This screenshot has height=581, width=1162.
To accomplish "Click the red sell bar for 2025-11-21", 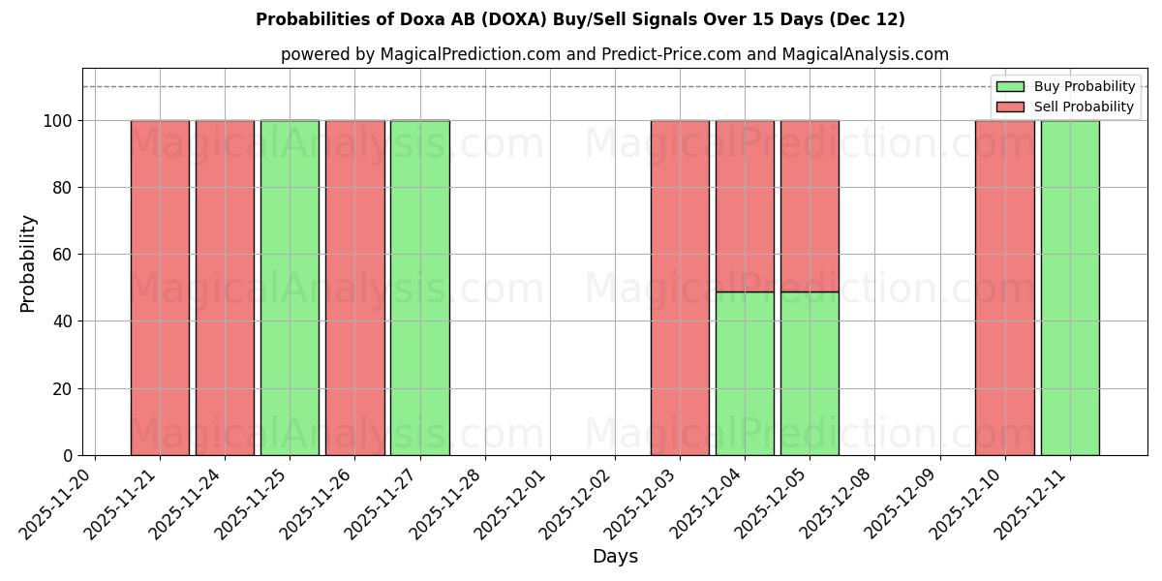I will [160, 288].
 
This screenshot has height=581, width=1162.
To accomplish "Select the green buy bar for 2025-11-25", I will [290, 288].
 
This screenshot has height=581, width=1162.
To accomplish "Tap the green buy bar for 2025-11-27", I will [419, 288].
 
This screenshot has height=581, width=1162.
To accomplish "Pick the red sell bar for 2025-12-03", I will [680, 288].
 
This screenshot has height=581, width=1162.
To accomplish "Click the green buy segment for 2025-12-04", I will [745, 373].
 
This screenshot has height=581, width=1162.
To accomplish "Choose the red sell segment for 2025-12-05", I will [810, 205].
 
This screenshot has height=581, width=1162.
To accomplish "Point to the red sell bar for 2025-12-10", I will [1004, 288].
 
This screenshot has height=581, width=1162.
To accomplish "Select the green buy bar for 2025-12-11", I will [1070, 288].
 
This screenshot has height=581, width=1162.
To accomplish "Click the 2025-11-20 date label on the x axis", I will [58, 502].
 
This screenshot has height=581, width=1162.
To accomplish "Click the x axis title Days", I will [615, 557].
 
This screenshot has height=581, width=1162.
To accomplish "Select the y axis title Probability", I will [28, 263].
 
